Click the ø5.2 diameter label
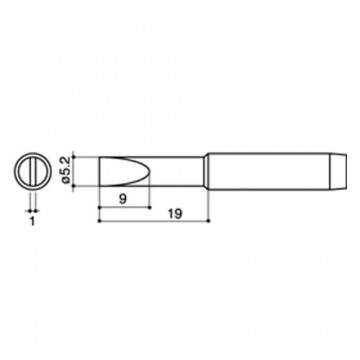[x=66, y=170]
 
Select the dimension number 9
[x=123, y=199]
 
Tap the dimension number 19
[x=175, y=214]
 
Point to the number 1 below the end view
[x=32, y=221]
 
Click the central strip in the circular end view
[x=33, y=171]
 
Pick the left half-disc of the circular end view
[x=24, y=171]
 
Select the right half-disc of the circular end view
[x=42, y=171]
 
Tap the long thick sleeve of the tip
[x=269, y=171]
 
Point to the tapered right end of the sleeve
[x=339, y=171]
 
